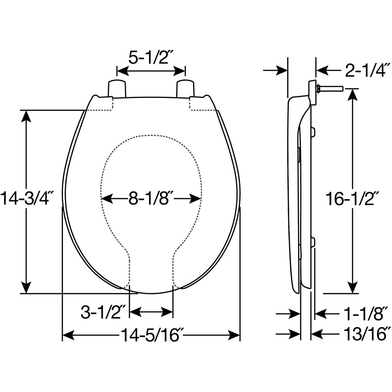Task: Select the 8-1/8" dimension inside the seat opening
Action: pos(151,199)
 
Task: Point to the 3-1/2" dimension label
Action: pos(103,312)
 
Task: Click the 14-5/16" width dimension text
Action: pos(152,335)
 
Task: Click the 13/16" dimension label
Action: pos(363,335)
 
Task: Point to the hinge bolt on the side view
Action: pos(330,89)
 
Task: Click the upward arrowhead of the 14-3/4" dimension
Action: pos(27,116)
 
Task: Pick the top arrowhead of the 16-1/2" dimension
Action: pos(353,95)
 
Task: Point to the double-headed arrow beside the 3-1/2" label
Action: pos(152,312)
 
